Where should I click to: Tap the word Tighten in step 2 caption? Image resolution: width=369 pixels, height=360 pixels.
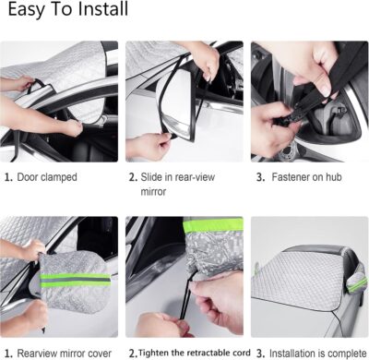pyautogui.click(x=158, y=352)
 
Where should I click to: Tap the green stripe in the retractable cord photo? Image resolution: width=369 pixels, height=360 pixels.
pyautogui.click(x=212, y=226)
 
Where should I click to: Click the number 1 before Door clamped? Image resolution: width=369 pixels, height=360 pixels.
pyautogui.click(x=7, y=175)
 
